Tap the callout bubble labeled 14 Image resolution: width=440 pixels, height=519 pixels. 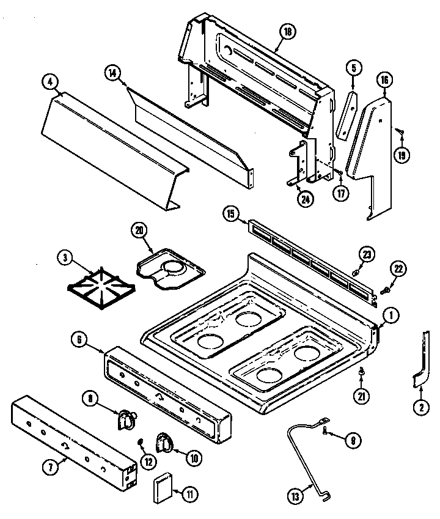pos(112,72)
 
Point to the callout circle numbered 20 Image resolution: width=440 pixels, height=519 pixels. pos(140,230)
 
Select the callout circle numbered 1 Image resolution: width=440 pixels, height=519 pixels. pos(391,315)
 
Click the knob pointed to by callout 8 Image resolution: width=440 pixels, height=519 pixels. pos(126,420)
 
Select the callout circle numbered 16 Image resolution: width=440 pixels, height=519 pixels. pos(384,80)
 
